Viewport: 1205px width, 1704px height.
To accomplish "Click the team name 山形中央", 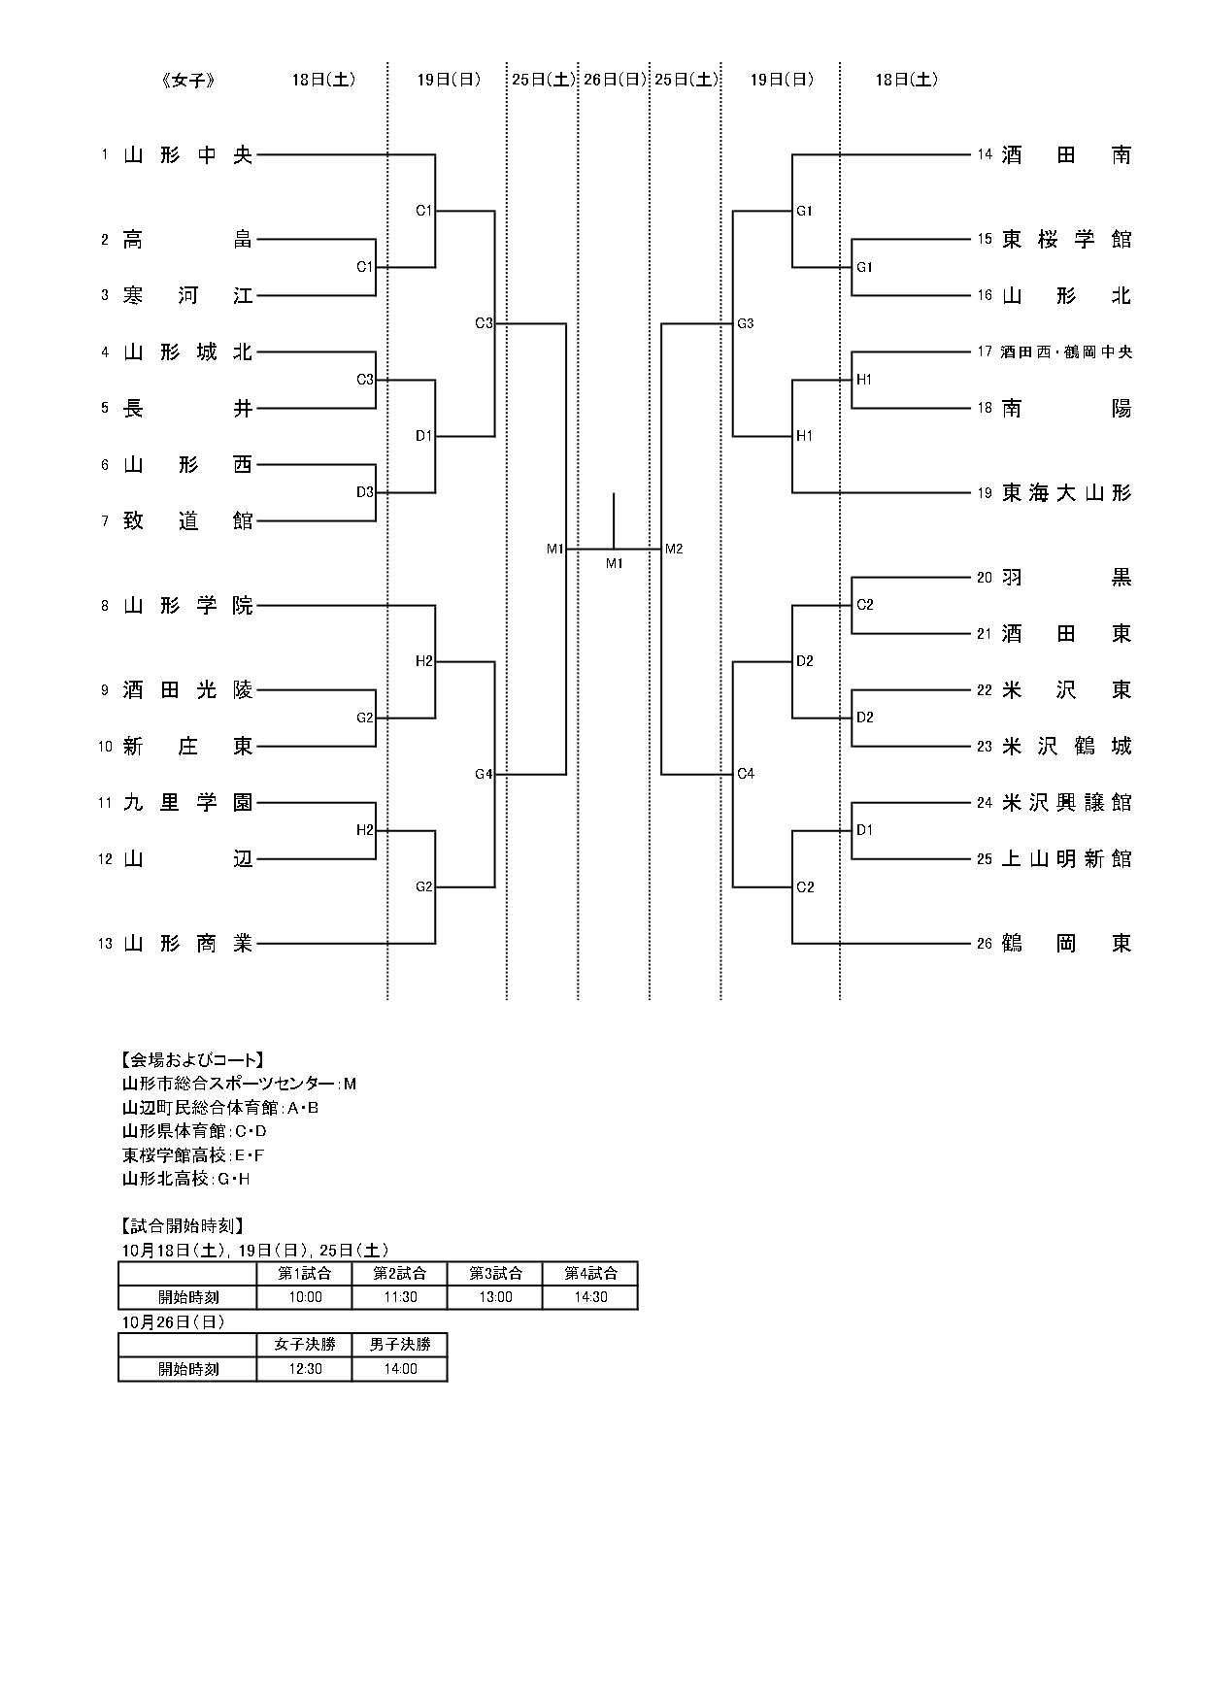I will (187, 155).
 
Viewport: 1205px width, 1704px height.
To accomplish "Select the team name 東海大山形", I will (1066, 493).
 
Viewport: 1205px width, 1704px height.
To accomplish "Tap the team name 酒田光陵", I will (187, 690).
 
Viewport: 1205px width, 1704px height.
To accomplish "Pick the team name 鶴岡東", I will (1066, 944).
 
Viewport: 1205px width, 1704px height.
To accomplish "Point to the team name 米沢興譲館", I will (1066, 803).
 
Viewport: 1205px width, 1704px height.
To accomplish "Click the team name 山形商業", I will (187, 944).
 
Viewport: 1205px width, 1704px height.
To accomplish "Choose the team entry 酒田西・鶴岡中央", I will (1066, 352).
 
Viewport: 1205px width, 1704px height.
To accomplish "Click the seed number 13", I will (105, 944).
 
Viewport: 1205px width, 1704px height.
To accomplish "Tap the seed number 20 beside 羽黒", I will (985, 578).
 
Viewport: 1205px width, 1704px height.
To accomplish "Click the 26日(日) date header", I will (614, 81).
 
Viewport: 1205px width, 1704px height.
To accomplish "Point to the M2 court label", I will (674, 550).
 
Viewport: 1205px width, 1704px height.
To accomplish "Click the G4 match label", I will (484, 775).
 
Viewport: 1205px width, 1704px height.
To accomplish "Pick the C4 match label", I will (746, 775).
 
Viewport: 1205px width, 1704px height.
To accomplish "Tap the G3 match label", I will (746, 324).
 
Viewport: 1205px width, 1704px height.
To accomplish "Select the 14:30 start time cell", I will (590, 1297).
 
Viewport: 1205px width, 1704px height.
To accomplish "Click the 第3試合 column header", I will (495, 1273).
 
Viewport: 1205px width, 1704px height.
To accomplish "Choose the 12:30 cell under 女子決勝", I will (305, 1369).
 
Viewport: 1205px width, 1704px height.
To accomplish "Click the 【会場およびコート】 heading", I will (193, 1059).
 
